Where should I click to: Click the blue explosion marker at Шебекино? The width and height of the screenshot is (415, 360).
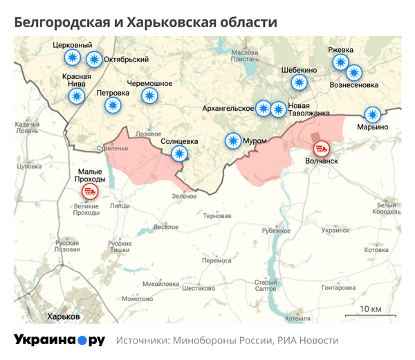coord(299,82)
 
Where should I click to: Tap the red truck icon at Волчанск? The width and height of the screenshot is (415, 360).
coord(321,148)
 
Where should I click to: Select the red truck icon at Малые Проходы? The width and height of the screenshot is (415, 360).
coord(90,192)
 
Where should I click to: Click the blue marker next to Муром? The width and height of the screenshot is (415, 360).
coord(233,141)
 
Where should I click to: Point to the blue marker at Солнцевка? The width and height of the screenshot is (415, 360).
coord(179,154)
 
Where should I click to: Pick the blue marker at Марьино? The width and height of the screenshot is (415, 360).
coord(373,114)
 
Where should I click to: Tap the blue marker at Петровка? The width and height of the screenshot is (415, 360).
coord(113,105)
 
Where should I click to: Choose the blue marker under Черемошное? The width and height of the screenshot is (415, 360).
coord(149,96)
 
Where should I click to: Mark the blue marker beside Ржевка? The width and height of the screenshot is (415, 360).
coord(340,62)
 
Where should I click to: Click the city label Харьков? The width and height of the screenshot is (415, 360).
coord(62,316)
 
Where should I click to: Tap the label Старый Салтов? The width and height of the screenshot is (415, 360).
coord(266,285)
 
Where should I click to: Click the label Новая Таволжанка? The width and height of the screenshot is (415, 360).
coord(308,109)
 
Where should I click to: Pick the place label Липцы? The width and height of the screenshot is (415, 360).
coord(120,206)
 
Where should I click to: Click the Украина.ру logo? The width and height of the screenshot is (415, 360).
coord(59,340)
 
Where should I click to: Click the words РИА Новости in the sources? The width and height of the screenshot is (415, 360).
coord(308,341)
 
